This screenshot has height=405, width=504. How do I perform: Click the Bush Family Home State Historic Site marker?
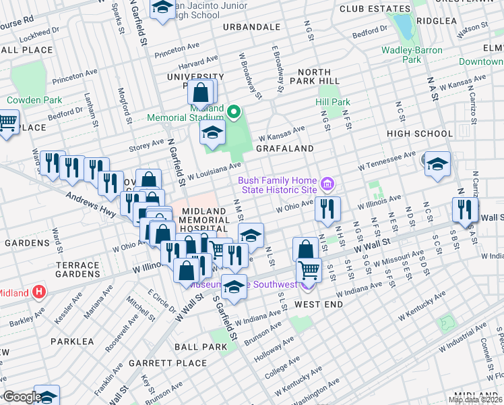[x=327, y=184]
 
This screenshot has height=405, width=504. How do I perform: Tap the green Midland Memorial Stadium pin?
[x=234, y=112]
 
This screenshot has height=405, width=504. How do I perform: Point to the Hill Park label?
[x=333, y=102]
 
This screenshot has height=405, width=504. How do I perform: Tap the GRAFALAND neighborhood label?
[x=284, y=148]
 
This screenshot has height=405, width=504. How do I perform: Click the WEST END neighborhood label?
[x=319, y=304]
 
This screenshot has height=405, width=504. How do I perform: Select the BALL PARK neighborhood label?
[x=200, y=347]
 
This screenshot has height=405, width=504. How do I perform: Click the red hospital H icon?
[x=39, y=292]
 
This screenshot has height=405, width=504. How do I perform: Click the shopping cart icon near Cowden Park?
[x=7, y=122]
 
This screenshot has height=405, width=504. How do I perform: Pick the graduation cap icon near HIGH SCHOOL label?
[x=437, y=164]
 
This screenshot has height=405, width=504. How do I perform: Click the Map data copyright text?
[x=475, y=400]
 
